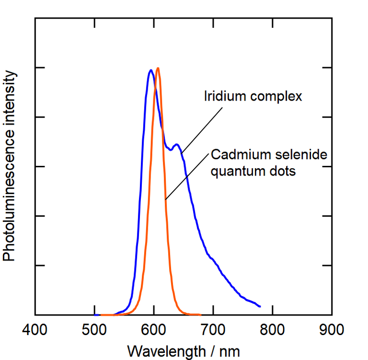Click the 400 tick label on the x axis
pos(35,330)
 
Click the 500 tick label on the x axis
pos(94,330)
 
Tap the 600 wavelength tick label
pos(154,330)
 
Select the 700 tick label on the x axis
pos(213,330)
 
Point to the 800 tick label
pos(273,330)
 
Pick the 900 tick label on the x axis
pos(332,330)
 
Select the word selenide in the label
pos(299,155)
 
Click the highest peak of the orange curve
pos(158,68)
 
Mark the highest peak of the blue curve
pos(151,70)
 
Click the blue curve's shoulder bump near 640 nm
pos(176,144)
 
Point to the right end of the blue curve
pos(260,306)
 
